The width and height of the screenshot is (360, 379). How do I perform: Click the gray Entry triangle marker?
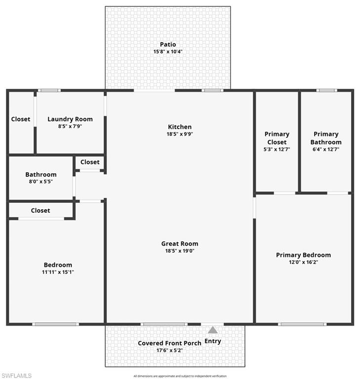(212, 330)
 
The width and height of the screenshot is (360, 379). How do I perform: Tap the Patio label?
(168, 44)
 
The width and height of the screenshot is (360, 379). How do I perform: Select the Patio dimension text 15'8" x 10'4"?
(168, 51)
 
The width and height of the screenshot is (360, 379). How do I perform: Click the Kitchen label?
(179, 127)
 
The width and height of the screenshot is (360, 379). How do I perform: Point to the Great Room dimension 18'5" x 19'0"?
(179, 251)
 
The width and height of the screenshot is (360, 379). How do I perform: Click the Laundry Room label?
(70, 119)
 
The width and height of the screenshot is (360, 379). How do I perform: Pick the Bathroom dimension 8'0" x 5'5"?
(41, 182)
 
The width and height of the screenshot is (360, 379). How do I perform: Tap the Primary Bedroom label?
(303, 255)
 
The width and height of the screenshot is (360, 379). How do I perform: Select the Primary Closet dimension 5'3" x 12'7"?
(277, 149)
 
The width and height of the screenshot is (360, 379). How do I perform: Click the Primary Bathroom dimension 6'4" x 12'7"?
(326, 149)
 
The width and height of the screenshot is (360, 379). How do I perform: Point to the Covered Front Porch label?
(169, 343)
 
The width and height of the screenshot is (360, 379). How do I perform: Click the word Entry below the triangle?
(212, 341)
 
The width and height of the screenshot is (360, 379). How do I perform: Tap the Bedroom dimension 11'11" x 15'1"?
(58, 272)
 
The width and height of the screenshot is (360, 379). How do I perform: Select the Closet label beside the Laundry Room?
(21, 119)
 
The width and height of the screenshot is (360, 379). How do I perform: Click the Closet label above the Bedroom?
(40, 210)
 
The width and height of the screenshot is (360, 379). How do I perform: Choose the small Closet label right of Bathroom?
(90, 162)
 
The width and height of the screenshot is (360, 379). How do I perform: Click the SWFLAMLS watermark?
(16, 376)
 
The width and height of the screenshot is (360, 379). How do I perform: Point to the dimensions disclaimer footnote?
(180, 376)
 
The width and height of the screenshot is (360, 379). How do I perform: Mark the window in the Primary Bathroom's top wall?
(326, 90)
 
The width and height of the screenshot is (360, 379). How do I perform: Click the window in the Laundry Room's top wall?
(49, 90)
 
